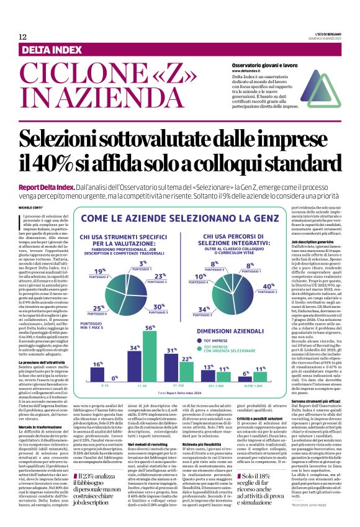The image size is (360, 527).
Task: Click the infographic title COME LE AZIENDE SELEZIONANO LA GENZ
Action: (x=180, y=218)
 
